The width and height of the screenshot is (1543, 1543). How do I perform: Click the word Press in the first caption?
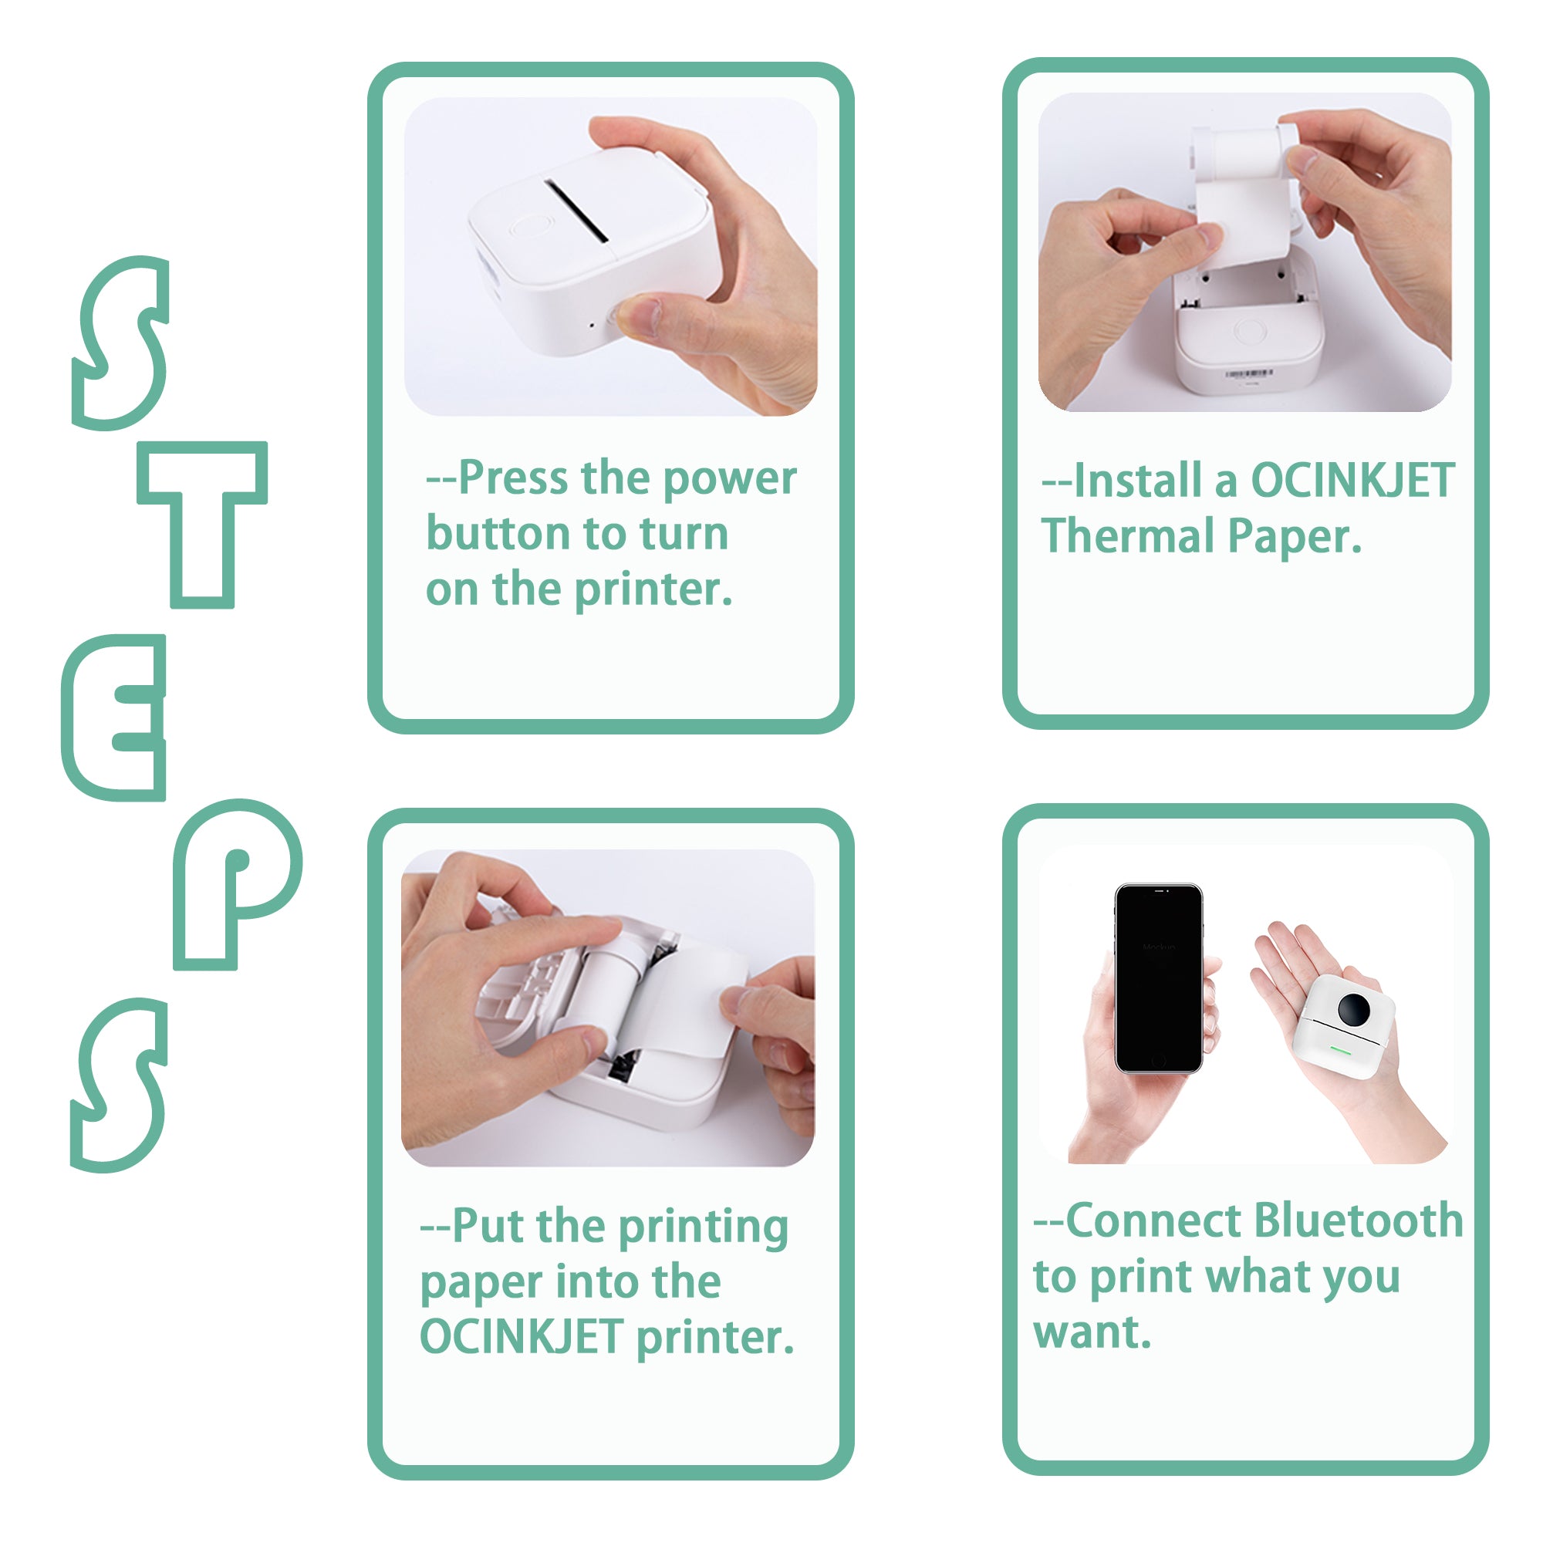517,478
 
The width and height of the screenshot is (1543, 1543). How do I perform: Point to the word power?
729,480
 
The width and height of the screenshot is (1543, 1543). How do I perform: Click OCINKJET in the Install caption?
1352,481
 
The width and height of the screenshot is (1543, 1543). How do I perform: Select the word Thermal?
1127,536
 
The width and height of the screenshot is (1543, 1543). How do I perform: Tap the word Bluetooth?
1358,1221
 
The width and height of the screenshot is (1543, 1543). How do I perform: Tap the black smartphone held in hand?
1158,978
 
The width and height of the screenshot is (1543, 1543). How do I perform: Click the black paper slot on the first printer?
576,211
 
